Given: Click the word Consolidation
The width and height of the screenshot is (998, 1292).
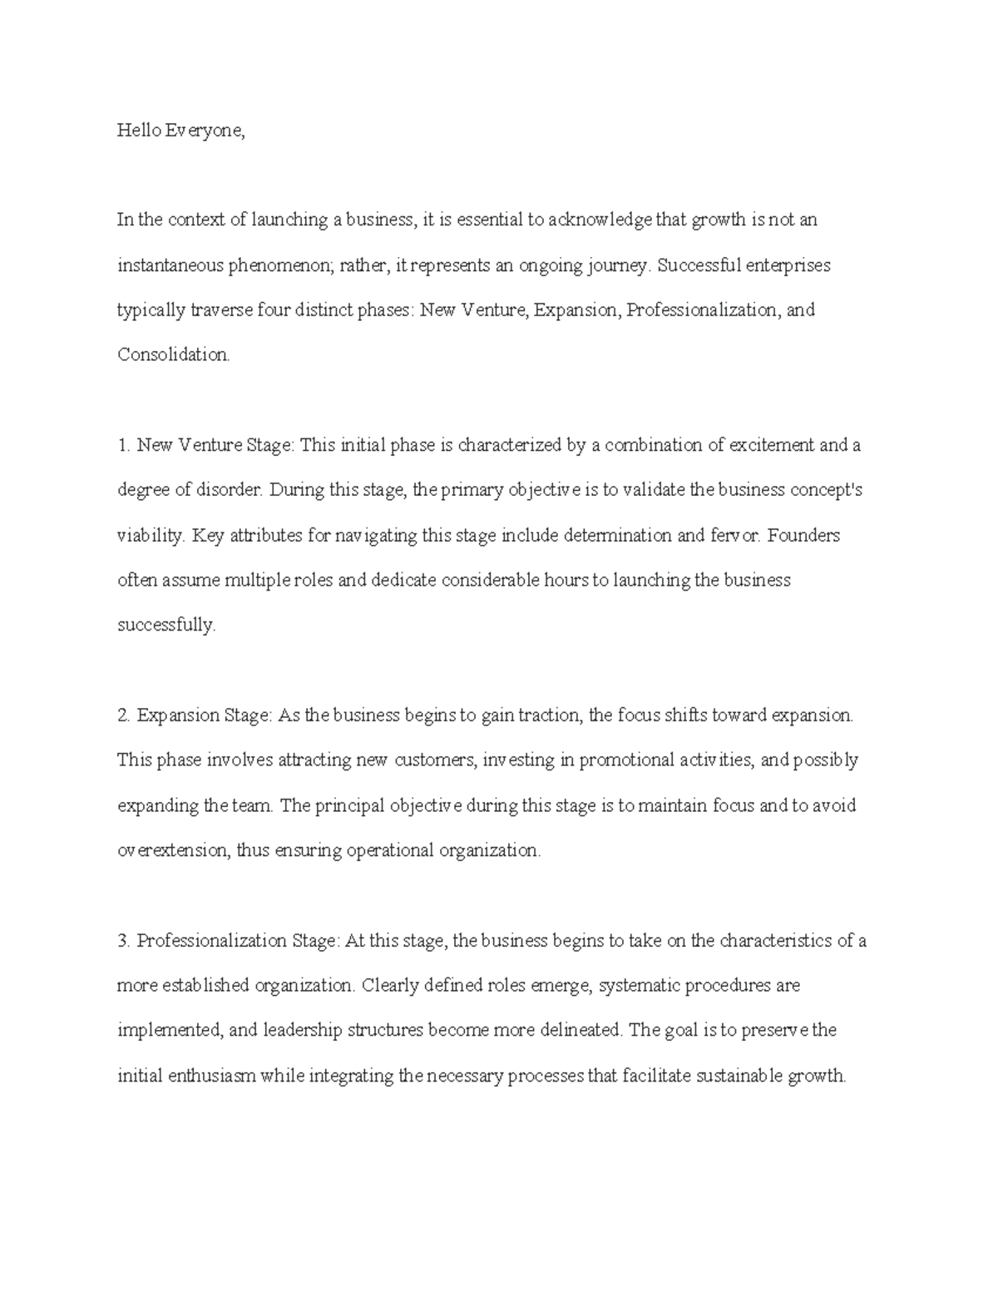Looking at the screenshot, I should pos(173,355).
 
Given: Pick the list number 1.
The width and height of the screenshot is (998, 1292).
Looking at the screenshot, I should pos(124,445).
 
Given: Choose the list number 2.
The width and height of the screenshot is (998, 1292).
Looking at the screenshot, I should pos(124,715).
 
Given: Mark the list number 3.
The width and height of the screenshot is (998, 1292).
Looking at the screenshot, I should pos(124,941).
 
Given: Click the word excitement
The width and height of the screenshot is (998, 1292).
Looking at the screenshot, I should pos(772,445).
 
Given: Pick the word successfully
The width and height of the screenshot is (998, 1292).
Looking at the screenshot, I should pos(166,626).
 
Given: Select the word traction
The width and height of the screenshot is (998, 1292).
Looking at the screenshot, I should pos(548,715).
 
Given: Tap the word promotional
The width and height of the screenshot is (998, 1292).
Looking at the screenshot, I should pos(632,760).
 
